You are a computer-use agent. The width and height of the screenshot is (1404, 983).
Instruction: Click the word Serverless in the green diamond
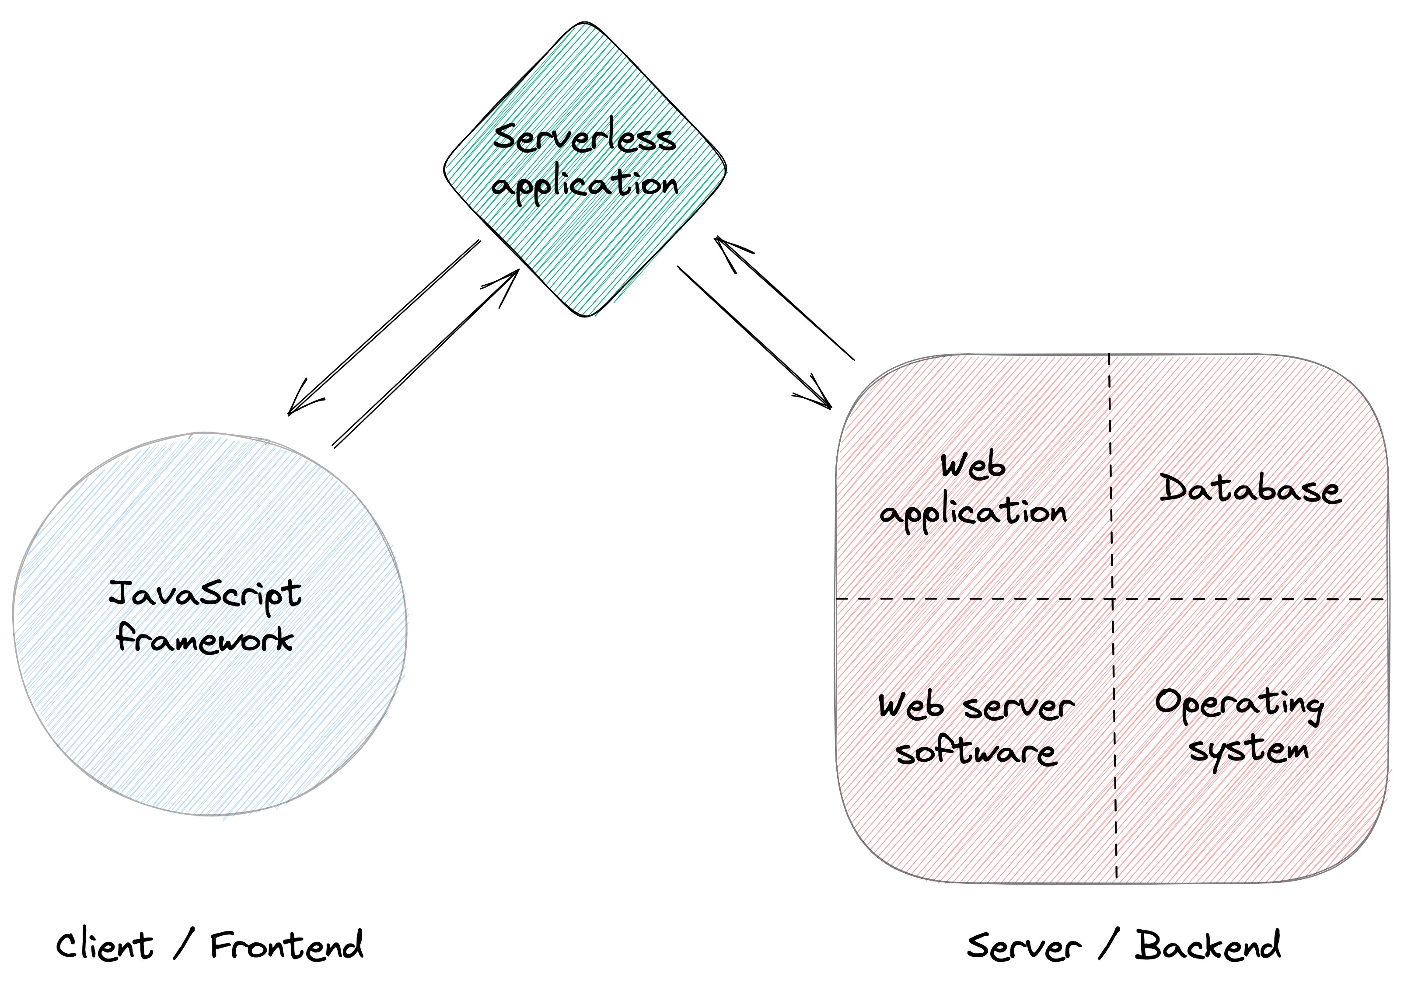(x=584, y=138)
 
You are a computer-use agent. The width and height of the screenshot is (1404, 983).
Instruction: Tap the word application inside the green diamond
(x=584, y=183)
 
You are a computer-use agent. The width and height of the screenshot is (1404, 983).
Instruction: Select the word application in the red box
(x=972, y=513)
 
